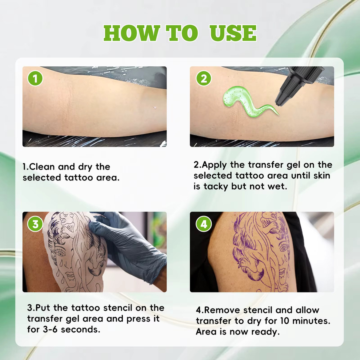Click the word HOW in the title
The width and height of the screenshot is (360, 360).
132,33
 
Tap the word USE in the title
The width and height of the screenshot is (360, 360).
233,33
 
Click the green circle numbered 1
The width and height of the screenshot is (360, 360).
35,78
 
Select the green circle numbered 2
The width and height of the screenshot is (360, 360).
204,78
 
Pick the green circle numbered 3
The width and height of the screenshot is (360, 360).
35,224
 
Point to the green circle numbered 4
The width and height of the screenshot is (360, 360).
204,224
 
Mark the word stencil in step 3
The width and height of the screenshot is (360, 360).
118,308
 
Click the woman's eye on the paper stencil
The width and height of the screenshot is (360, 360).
60,254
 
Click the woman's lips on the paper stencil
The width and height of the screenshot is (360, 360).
70,275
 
